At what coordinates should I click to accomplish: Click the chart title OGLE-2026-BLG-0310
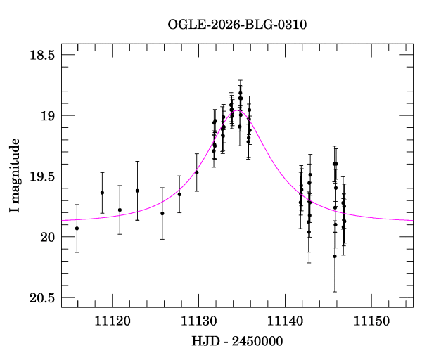click(237, 25)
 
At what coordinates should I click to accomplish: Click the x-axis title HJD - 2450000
click(237, 342)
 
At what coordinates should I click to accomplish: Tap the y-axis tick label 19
click(49, 115)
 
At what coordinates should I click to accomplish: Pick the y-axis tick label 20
click(49, 237)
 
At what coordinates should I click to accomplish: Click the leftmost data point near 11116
click(77, 228)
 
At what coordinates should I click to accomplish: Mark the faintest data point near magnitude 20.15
click(335, 256)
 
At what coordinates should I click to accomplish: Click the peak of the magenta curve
click(239, 110)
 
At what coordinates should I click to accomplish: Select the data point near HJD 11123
click(137, 191)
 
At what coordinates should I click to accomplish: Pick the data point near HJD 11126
click(162, 213)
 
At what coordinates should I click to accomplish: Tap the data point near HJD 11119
click(102, 193)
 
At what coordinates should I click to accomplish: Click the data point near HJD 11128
click(179, 194)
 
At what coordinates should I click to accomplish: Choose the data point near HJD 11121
click(120, 210)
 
